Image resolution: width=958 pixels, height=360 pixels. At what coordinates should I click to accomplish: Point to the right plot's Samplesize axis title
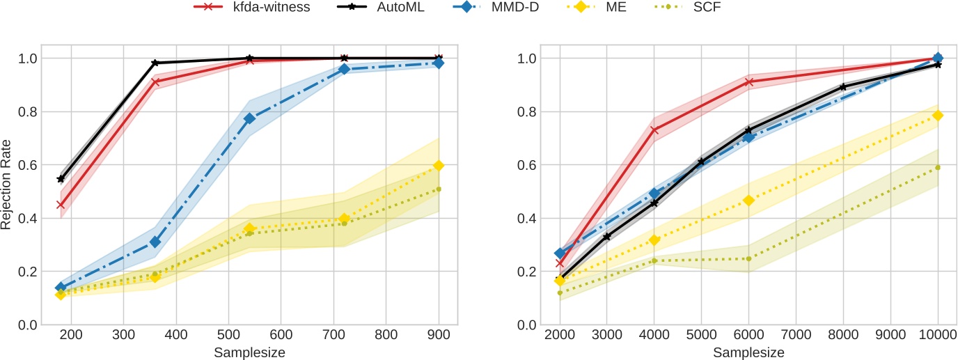click(x=748, y=352)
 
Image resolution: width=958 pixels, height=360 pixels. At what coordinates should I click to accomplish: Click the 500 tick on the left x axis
click(x=228, y=334)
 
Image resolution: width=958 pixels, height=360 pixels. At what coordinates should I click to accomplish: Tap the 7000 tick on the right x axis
click(x=796, y=334)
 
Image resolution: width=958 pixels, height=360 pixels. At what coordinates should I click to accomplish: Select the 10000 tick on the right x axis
click(x=938, y=334)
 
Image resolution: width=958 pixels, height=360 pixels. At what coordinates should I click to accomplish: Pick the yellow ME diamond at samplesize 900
click(x=439, y=166)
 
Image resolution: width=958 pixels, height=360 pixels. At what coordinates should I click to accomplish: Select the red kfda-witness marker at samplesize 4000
click(x=654, y=130)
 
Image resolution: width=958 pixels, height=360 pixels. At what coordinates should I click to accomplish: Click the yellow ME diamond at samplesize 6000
click(x=748, y=201)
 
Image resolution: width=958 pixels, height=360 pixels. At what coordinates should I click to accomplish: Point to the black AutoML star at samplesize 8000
click(x=843, y=87)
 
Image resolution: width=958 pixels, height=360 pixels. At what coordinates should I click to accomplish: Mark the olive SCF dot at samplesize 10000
click(x=938, y=167)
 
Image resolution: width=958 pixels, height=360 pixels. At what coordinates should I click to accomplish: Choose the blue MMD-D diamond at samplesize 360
click(x=155, y=242)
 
